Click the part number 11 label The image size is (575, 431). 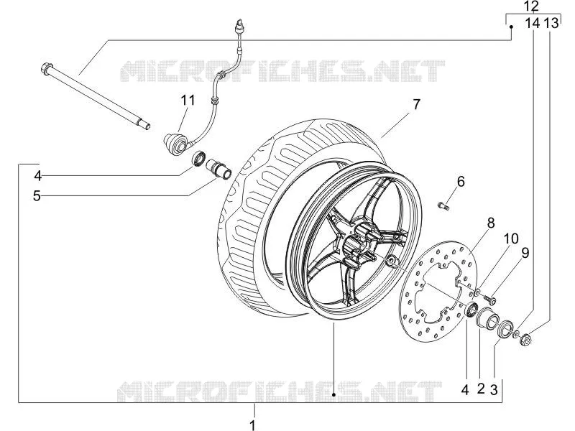[x=188, y=100]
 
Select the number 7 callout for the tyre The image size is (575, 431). [x=416, y=104]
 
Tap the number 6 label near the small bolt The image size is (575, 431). [x=461, y=182]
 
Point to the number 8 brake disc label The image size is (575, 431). [x=491, y=223]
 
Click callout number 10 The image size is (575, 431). [x=511, y=238]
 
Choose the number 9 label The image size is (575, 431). [x=525, y=253]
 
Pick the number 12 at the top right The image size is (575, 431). [x=531, y=6]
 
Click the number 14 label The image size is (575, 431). [x=533, y=23]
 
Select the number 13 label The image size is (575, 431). [x=551, y=23]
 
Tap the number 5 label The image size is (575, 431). [x=37, y=196]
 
